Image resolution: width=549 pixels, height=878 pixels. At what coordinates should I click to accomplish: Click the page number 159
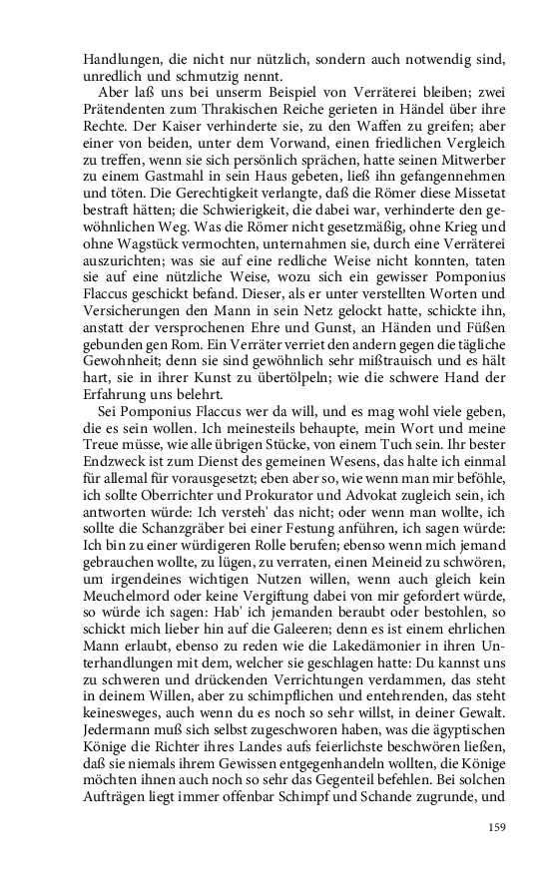click(498, 826)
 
